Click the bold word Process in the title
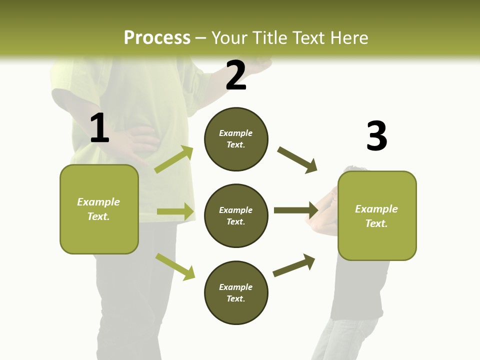point(157,37)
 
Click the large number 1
point(99,128)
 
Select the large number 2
point(236,75)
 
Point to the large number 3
point(376,136)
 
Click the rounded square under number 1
point(99,209)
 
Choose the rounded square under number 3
point(377,215)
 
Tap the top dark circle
point(236,139)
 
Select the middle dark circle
point(236,215)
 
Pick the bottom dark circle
point(236,292)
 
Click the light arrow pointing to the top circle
point(174,159)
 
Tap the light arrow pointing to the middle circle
point(175,211)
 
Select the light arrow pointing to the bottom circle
point(175,266)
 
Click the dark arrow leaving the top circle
point(297,160)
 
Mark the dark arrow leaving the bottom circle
point(294,265)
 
